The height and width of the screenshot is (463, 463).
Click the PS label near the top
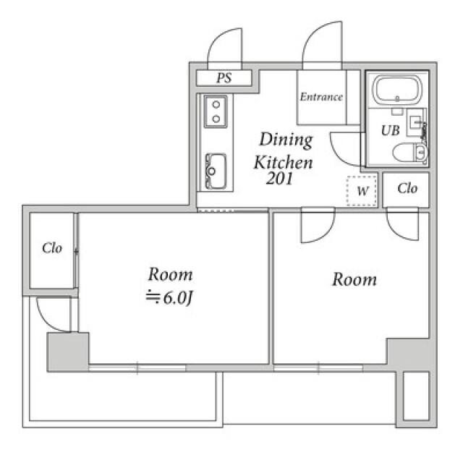pos(224,78)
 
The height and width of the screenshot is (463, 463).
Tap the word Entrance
pos(321,97)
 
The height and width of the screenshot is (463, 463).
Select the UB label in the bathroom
pos(391,130)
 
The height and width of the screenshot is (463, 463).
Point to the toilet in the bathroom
pos(409,152)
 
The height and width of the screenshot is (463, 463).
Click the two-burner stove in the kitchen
pos(216,111)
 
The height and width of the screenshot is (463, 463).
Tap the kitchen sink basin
pos(216,171)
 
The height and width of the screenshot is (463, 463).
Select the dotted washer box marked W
pos(362,191)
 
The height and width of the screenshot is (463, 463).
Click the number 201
pos(279,179)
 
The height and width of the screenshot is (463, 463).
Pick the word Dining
pos(286,140)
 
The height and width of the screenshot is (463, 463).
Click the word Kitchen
pos(283,162)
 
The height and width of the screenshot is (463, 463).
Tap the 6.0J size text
pos(169,298)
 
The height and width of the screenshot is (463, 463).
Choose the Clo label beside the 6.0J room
pos(52,248)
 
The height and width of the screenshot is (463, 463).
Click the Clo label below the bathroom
pos(407,188)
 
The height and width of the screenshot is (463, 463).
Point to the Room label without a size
pos(354,279)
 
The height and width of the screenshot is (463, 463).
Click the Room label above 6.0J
pos(171,274)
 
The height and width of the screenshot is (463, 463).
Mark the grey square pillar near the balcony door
pos(68,352)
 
